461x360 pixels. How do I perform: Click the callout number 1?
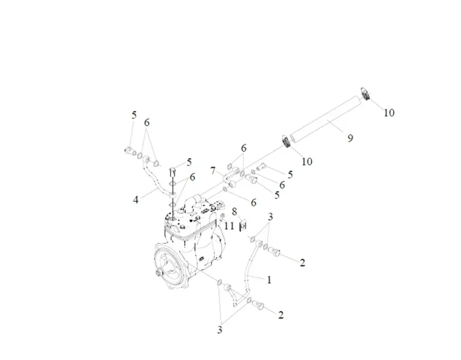(x=269, y=280)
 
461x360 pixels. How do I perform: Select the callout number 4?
(x=136, y=199)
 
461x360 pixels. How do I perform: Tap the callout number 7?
(x=213, y=171)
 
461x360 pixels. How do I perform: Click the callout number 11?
(x=230, y=225)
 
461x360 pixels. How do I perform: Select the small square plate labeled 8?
(x=243, y=224)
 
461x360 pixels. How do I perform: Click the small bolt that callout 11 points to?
(x=222, y=217)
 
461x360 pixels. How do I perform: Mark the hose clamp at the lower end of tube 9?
(x=287, y=142)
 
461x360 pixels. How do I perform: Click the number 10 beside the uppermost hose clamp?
(x=388, y=112)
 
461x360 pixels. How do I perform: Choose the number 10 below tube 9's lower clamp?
(x=306, y=162)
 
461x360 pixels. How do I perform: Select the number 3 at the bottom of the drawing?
(x=220, y=330)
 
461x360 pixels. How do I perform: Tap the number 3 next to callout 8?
(x=270, y=217)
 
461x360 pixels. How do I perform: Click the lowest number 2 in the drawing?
(x=281, y=315)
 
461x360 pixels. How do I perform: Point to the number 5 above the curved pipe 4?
(x=134, y=115)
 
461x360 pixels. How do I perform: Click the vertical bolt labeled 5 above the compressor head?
(x=173, y=171)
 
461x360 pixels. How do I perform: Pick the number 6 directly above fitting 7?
(x=243, y=148)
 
